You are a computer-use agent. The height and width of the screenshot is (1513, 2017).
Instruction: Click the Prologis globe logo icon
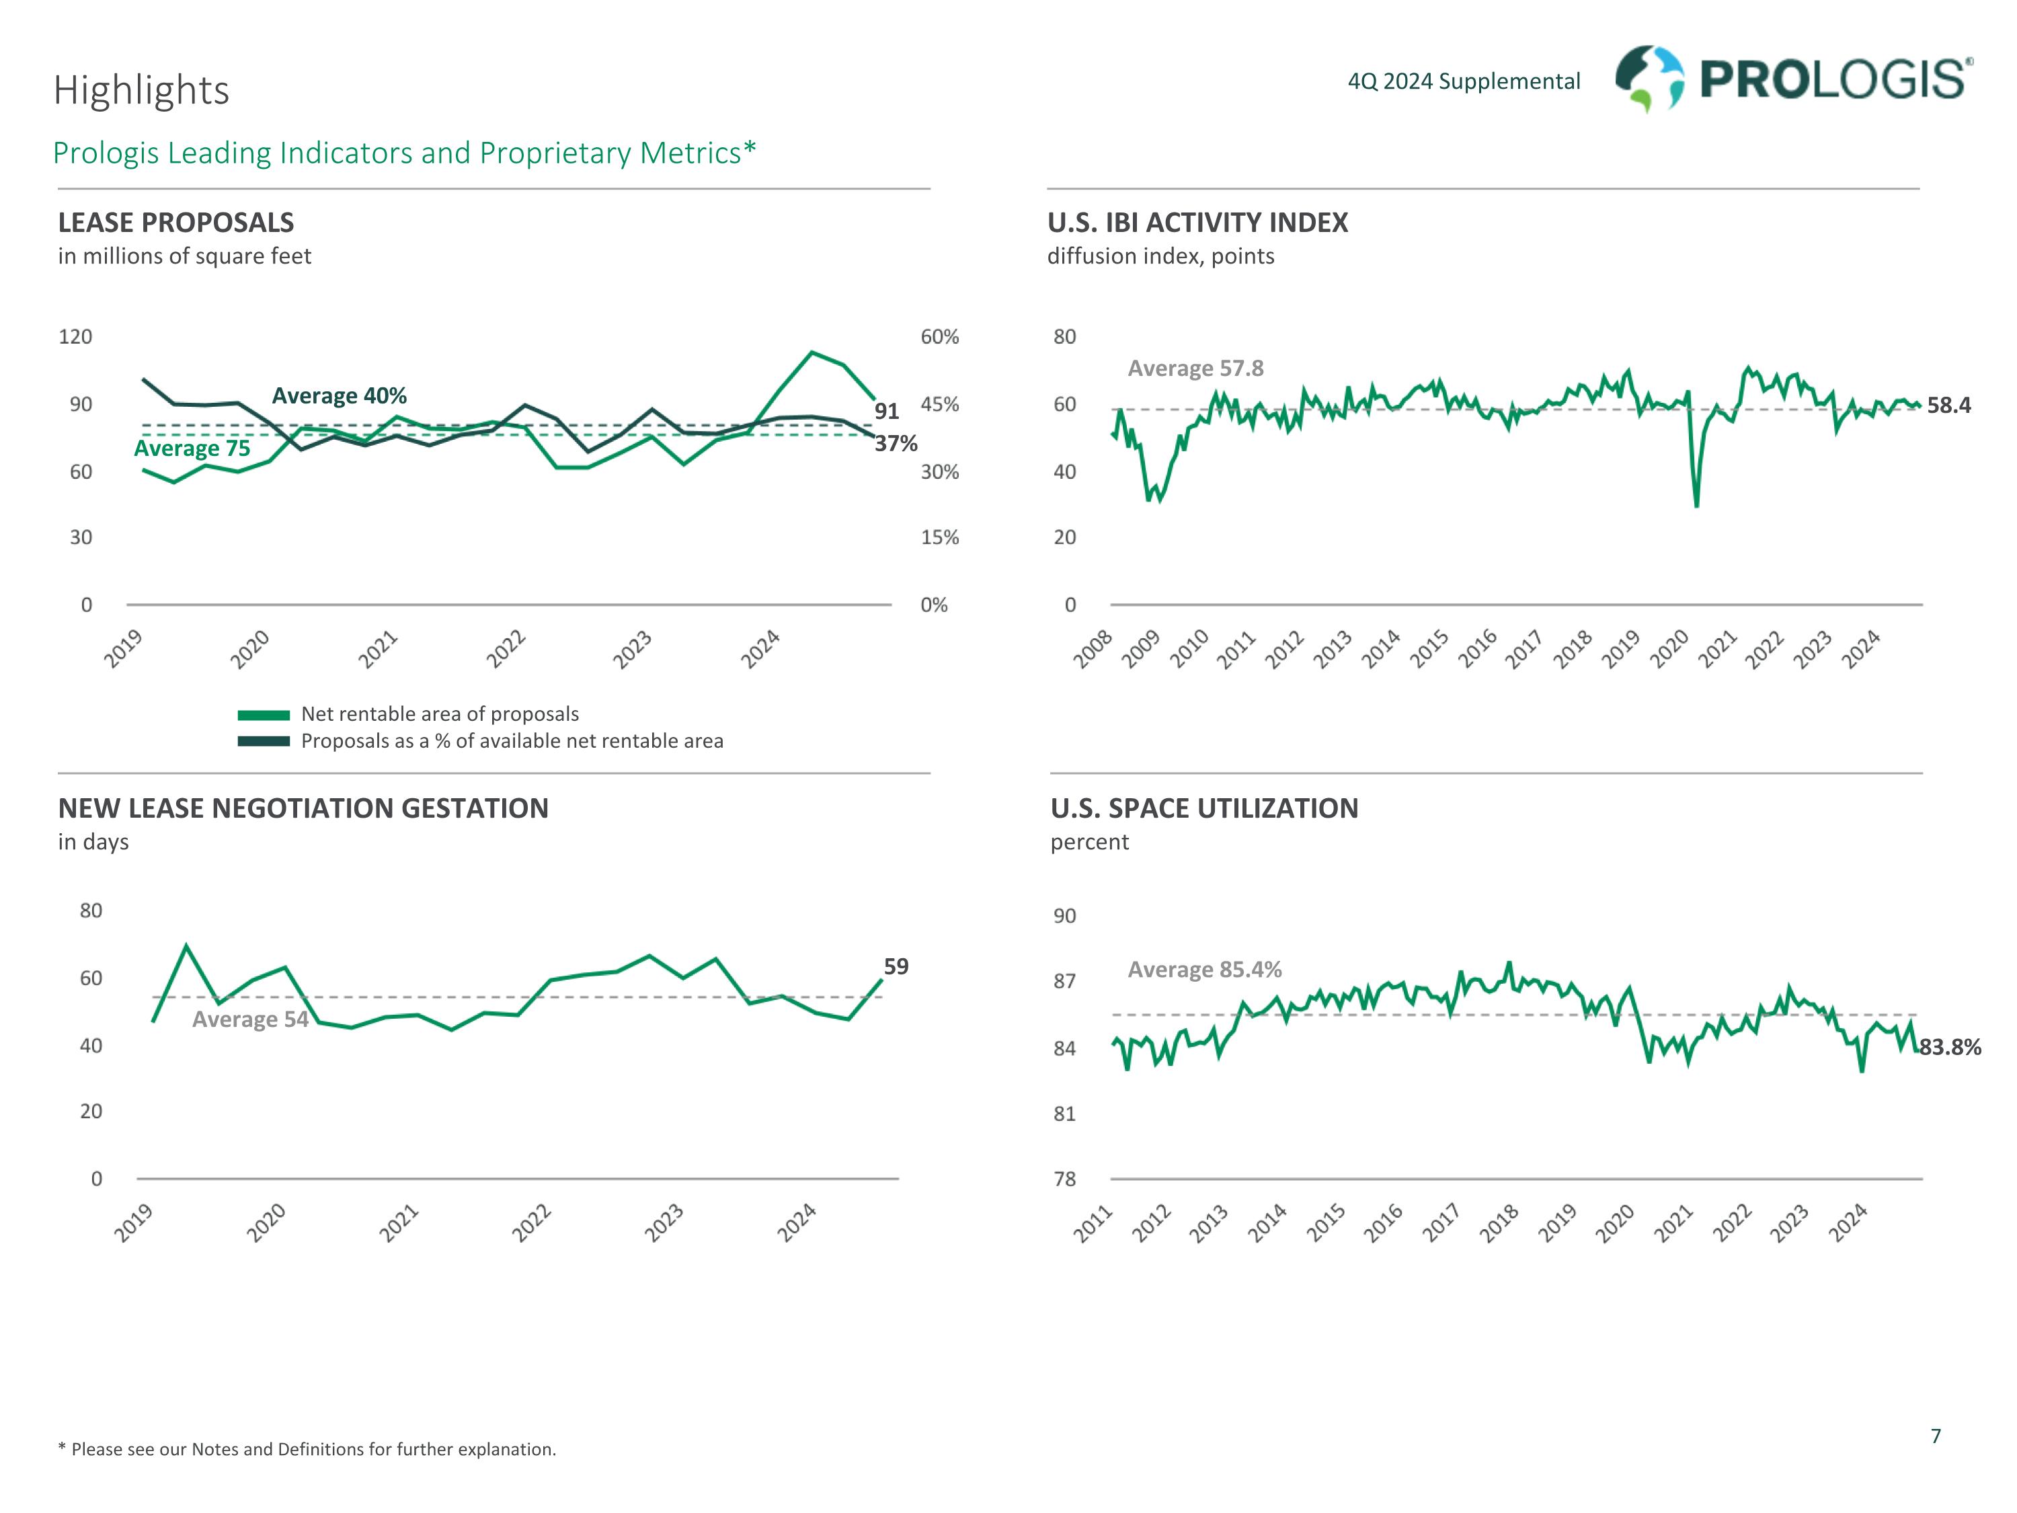point(1649,79)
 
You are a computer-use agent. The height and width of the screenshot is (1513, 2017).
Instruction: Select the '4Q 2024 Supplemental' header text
point(1464,82)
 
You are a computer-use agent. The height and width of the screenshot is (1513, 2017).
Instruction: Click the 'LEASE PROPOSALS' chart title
point(176,223)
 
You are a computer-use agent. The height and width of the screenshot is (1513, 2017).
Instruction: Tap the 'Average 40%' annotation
point(340,396)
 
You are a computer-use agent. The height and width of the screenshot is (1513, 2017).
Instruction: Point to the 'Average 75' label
point(192,449)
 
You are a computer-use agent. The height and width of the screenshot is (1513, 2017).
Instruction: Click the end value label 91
point(886,412)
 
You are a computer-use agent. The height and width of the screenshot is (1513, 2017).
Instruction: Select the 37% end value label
point(896,443)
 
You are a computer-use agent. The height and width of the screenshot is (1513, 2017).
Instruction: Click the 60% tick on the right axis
point(939,336)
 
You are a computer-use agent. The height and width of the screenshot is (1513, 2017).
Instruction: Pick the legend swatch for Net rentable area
point(264,715)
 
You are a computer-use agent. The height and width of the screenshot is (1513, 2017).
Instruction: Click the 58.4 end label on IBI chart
point(1948,406)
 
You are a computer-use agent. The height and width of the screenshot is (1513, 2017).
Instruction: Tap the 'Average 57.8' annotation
point(1195,368)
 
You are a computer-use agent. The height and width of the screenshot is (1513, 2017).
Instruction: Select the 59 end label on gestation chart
point(896,967)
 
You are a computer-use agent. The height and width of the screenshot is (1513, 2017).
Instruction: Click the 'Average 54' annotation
point(250,1019)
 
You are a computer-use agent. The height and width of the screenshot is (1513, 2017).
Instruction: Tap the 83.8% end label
point(1950,1048)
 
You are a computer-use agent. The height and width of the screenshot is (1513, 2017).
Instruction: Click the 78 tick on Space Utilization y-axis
point(1064,1179)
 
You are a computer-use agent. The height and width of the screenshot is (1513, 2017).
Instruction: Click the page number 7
point(1936,1436)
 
